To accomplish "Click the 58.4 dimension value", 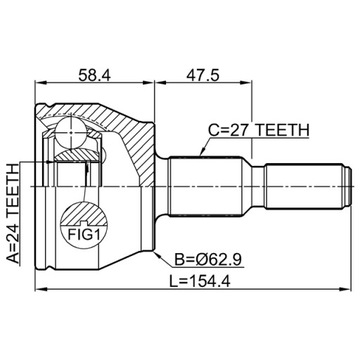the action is (x=94, y=75).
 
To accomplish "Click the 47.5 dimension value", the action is (x=203, y=75).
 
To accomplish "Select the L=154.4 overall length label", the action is (x=199, y=282).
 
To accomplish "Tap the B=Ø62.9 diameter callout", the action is (x=209, y=260).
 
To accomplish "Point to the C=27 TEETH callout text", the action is (x=259, y=130).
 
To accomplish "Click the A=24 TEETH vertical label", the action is (x=13, y=214).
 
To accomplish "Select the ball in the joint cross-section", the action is (x=72, y=132).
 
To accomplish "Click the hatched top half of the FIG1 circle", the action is (x=83, y=214).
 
